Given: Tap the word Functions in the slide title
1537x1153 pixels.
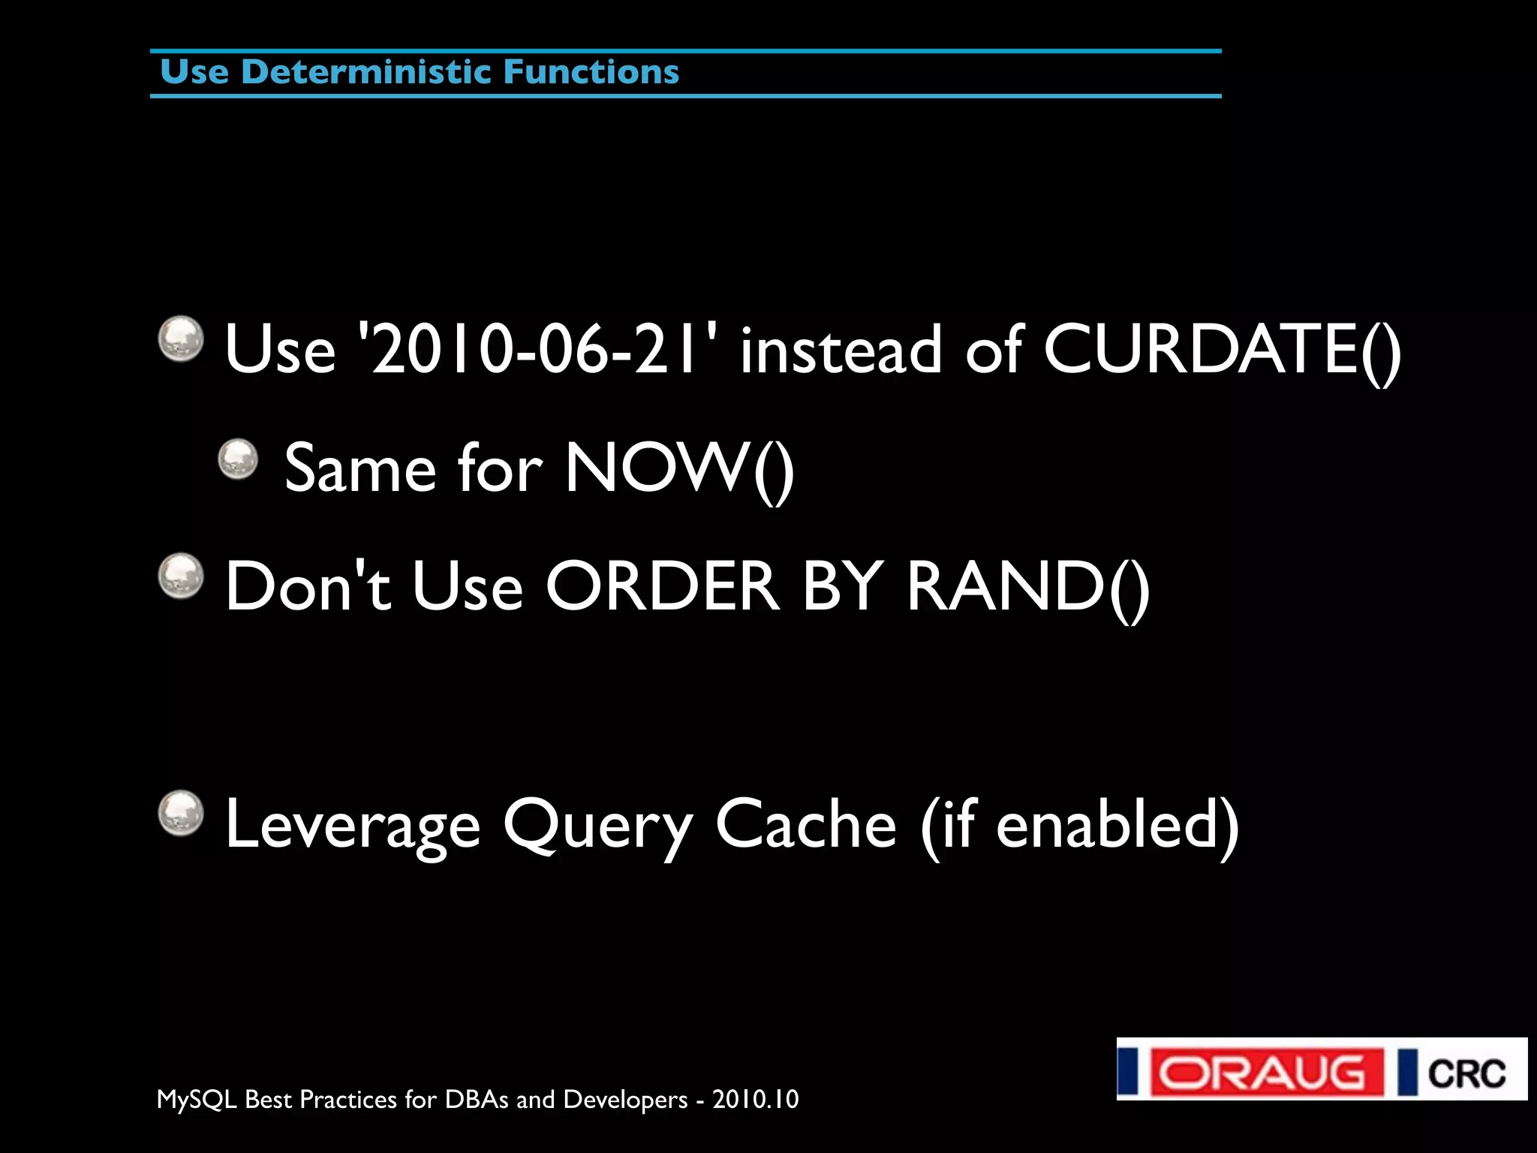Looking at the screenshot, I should [591, 72].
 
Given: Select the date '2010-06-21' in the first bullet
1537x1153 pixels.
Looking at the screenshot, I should [538, 349].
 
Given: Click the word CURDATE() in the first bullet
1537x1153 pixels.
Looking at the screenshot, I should [1222, 349].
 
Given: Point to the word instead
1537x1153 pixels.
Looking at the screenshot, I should [841, 349].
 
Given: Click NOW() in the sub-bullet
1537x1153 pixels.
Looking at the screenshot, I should [679, 468].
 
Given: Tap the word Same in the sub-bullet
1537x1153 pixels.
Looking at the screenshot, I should [360, 468].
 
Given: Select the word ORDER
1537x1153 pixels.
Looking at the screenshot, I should [662, 586].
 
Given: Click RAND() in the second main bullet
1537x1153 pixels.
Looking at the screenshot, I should [1028, 586].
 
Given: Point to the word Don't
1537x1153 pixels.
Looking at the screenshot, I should [308, 586].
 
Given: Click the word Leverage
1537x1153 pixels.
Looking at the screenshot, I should [353, 825].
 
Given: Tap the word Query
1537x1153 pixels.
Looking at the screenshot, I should [597, 825].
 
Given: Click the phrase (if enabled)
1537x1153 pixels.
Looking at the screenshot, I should [1079, 825].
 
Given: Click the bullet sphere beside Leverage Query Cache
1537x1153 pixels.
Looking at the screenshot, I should [181, 812].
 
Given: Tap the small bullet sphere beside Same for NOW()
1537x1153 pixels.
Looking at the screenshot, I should [238, 459].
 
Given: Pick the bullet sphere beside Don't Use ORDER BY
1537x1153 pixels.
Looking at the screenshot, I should [181, 576].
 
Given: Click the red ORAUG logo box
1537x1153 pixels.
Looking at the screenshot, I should [1267, 1071].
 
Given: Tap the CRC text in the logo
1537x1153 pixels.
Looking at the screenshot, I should [1466, 1073].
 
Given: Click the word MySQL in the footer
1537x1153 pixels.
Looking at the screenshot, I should [197, 1100].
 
